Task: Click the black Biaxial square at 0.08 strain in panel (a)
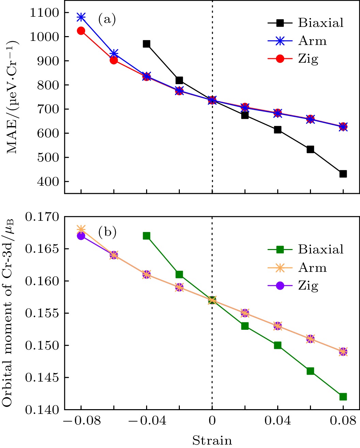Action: click(x=343, y=174)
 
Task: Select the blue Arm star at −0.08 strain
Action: click(x=81, y=17)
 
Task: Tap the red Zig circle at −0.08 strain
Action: click(x=81, y=31)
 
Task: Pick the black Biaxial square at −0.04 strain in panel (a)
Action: click(x=146, y=44)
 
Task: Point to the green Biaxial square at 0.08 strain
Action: click(x=343, y=397)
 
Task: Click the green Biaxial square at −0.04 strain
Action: click(x=146, y=236)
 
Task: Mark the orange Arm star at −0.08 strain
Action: click(x=81, y=229)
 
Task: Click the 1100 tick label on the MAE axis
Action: click(x=44, y=13)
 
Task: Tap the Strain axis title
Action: click(x=212, y=440)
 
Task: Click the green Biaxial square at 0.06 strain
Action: click(x=310, y=371)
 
